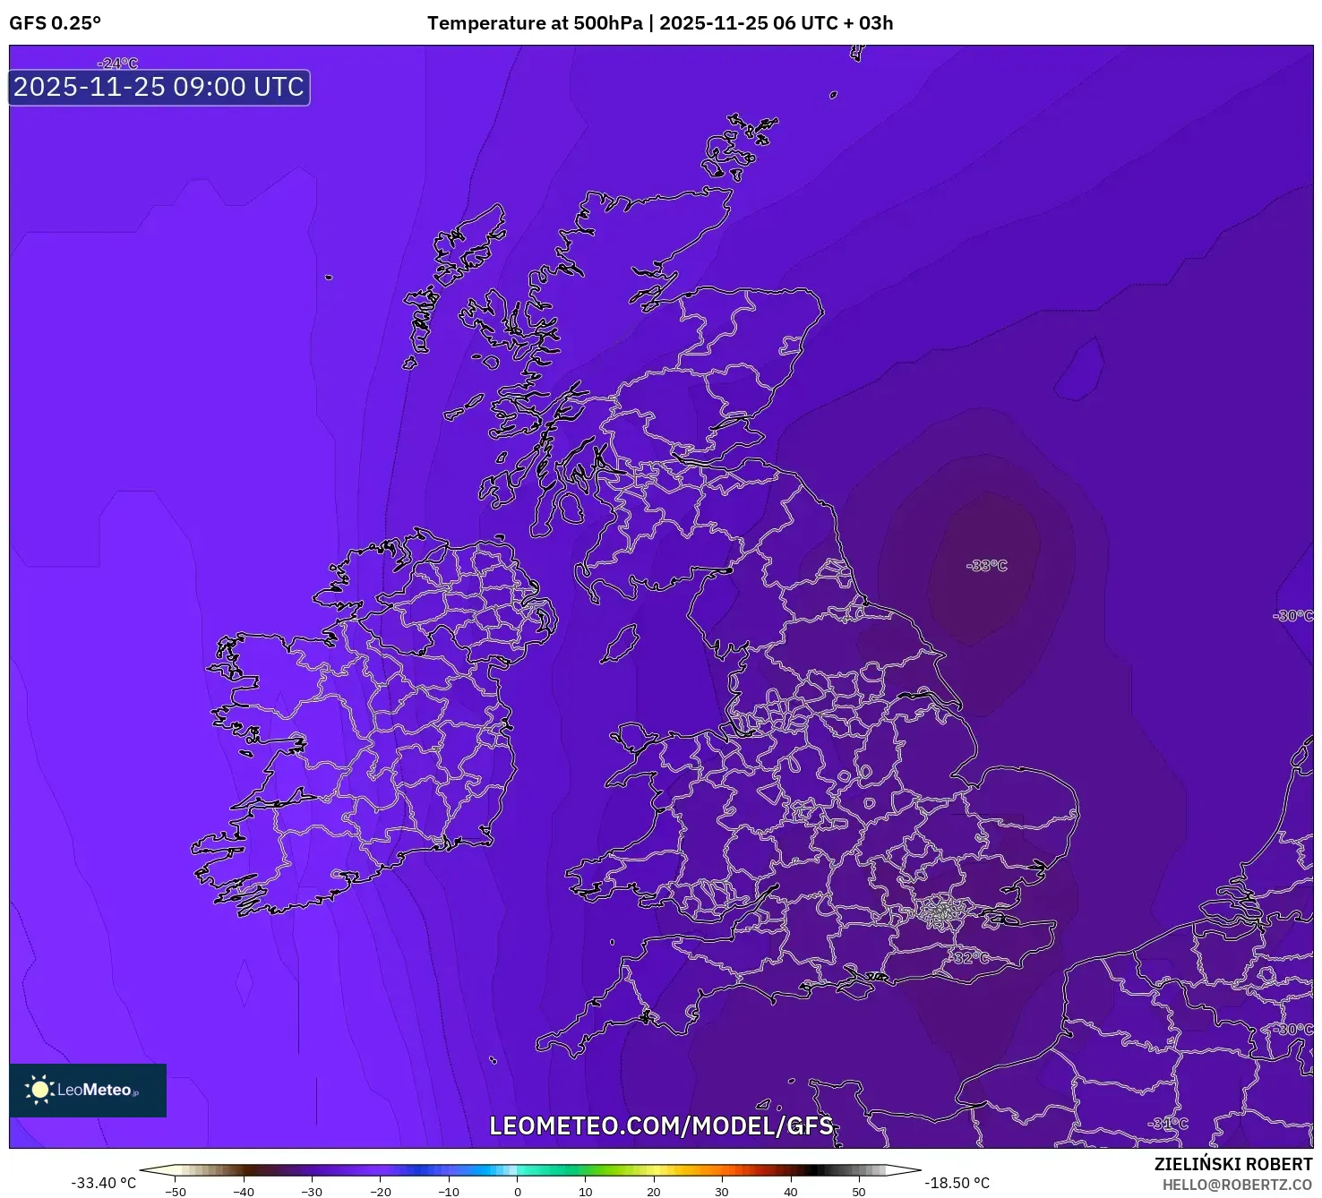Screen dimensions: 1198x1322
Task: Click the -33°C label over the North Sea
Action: (x=987, y=566)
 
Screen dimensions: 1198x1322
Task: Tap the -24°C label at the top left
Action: (x=118, y=64)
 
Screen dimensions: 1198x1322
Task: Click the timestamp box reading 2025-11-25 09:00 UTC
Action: (x=159, y=88)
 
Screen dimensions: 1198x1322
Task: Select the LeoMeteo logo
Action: (x=88, y=1090)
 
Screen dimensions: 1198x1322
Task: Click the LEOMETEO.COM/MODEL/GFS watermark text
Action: (x=661, y=1125)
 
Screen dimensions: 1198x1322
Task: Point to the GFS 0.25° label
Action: (x=56, y=23)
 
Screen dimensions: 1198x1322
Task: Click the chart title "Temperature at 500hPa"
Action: (x=535, y=23)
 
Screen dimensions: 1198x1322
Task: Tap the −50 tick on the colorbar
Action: (x=176, y=1192)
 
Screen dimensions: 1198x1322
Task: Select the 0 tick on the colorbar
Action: (x=517, y=1192)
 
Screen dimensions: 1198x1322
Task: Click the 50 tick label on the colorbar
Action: (x=858, y=1192)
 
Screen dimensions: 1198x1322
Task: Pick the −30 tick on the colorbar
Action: (x=311, y=1192)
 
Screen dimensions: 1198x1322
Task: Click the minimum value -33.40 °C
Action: (x=104, y=1183)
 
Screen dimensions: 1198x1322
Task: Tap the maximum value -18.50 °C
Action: (x=957, y=1183)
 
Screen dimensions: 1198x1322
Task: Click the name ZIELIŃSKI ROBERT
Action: (x=1232, y=1164)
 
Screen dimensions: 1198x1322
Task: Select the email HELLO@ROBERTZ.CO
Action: (x=1237, y=1185)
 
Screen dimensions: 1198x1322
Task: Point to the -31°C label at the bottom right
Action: (x=1169, y=1124)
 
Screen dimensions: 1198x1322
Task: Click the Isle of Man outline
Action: (x=620, y=644)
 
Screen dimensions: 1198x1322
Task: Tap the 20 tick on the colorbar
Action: (x=654, y=1192)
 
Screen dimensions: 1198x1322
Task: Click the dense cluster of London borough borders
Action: (x=941, y=912)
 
